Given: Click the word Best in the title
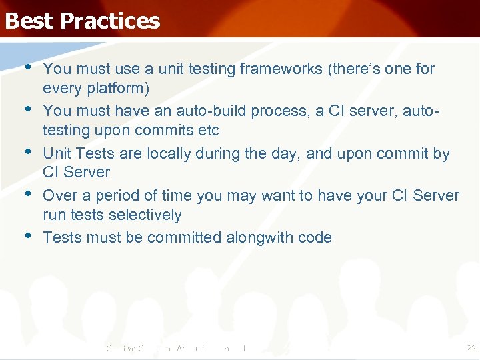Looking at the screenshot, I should pos(29,21).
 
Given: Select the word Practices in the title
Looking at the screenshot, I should pos(110,21).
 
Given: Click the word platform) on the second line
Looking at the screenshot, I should pos(117,89).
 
